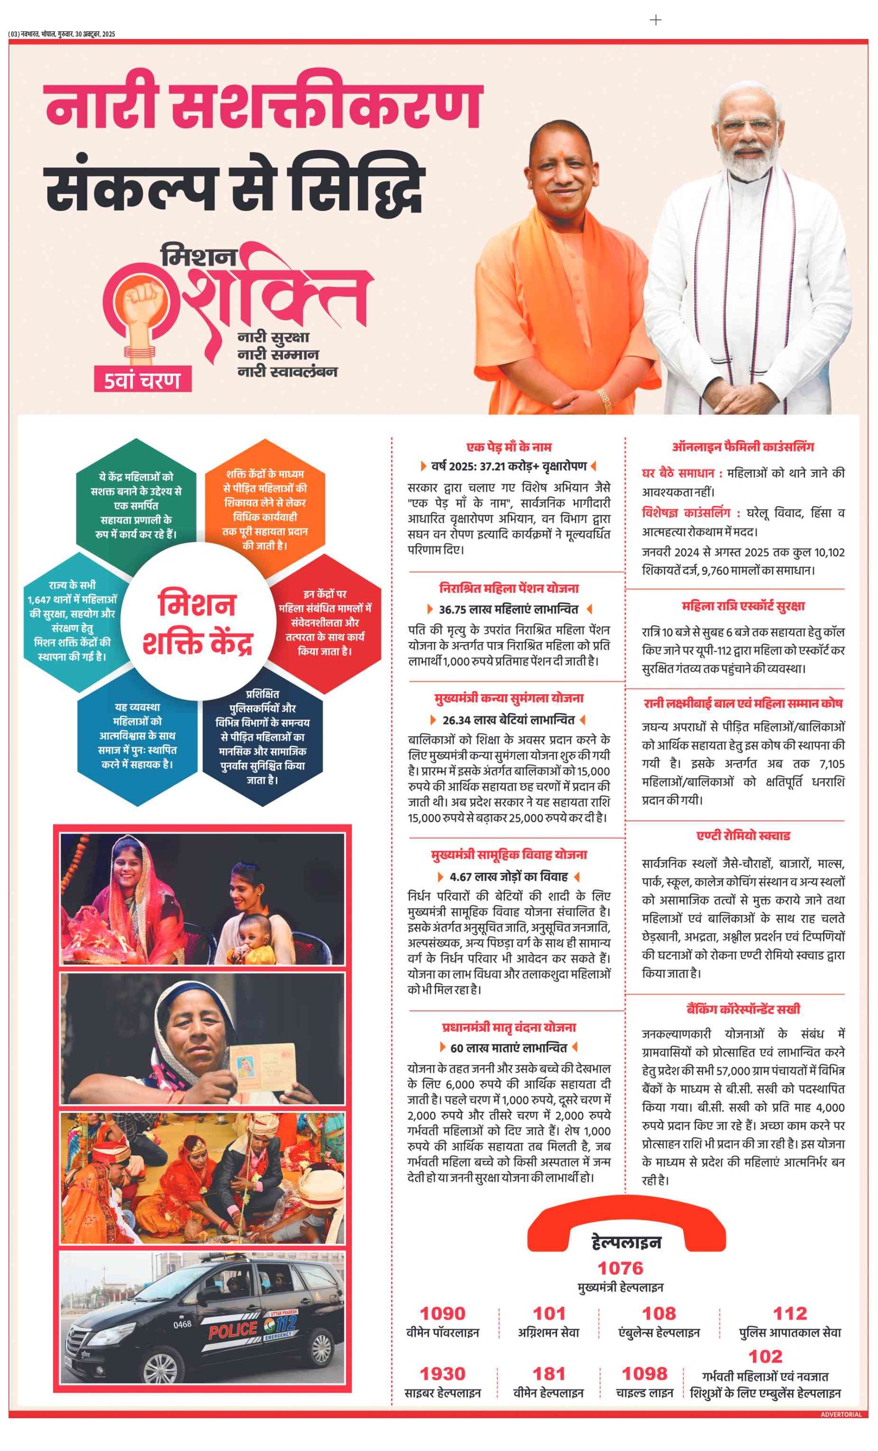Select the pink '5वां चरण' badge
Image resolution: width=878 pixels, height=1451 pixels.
pyautogui.click(x=142, y=380)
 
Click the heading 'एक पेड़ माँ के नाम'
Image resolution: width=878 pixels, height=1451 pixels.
pyautogui.click(x=509, y=447)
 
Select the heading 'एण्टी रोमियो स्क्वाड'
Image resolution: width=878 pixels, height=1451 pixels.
pyautogui.click(x=742, y=836)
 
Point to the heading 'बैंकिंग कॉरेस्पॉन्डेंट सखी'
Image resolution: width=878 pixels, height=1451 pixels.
pyautogui.click(x=742, y=1009)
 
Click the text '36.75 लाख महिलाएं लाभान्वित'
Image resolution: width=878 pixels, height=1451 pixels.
pyautogui.click(x=509, y=609)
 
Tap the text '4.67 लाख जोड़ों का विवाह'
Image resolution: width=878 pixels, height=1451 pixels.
pyautogui.click(x=509, y=876)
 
